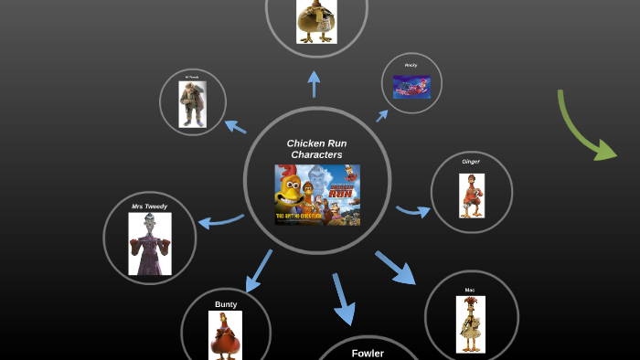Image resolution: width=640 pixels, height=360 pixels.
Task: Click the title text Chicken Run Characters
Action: [x=316, y=149]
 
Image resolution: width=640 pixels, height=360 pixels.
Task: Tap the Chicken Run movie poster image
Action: [x=317, y=194]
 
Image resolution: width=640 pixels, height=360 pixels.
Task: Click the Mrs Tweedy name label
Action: [x=149, y=206]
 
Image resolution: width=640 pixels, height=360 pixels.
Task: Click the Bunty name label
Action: [x=226, y=304]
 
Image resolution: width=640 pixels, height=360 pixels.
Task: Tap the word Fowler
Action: [x=368, y=353]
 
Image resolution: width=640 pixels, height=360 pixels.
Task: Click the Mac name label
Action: [x=470, y=290]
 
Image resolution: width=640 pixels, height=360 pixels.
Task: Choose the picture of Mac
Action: [x=470, y=323]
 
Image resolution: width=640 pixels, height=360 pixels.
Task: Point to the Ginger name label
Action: [x=471, y=162]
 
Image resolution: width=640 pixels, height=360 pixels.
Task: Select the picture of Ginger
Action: [x=472, y=195]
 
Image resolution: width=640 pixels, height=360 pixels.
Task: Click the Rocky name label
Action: [x=411, y=65]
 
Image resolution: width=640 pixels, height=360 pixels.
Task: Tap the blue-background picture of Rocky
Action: [x=411, y=87]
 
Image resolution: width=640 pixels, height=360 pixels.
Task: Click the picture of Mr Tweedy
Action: [x=192, y=103]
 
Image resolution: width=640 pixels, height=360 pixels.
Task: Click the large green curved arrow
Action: [x=585, y=128]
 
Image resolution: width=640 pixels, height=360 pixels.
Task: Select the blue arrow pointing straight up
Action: [x=315, y=84]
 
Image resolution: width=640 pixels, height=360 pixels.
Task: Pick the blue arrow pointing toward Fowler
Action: [x=342, y=298]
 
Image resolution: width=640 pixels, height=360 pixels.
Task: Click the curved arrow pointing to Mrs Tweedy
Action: [x=220, y=220]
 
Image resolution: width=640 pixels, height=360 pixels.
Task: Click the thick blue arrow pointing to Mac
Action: [x=395, y=267]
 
